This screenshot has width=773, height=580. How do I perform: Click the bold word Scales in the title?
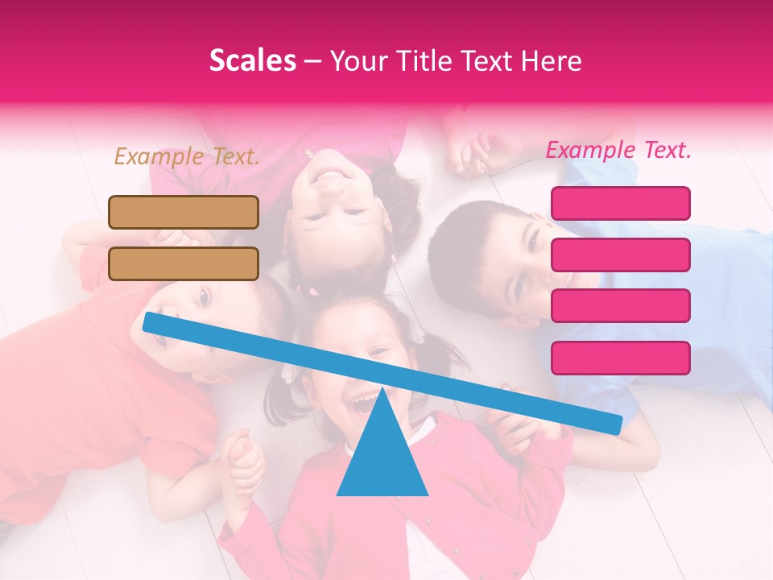[252, 61]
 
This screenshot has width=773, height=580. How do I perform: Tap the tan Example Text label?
[187, 156]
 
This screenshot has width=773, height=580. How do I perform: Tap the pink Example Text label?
[618, 150]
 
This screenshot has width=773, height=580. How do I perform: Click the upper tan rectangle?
[184, 212]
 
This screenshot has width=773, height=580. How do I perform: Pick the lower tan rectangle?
[184, 263]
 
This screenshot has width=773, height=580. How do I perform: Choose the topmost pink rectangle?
[620, 203]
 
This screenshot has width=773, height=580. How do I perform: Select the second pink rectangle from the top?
[620, 255]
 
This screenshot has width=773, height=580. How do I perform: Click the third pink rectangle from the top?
[620, 305]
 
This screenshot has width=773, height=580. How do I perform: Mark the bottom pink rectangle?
[620, 358]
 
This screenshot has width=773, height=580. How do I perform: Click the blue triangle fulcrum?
[382, 455]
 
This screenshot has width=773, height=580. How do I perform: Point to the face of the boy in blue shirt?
[507, 258]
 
